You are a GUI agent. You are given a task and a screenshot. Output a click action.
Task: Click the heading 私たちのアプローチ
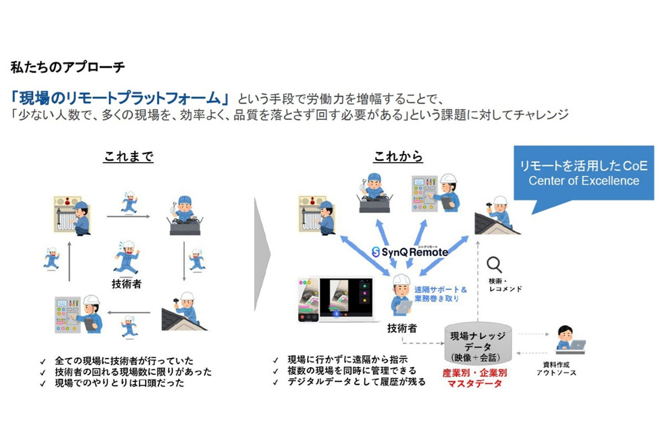coord(68,68)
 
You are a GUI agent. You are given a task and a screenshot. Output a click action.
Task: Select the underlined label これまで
coord(128,157)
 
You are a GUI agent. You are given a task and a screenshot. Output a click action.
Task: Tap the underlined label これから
coord(397,157)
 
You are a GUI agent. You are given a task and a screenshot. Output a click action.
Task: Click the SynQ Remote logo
coord(410,251)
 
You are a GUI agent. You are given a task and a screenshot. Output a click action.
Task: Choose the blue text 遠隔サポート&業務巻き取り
coord(441,294)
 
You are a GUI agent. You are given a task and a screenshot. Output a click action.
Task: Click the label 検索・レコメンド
coord(505,285)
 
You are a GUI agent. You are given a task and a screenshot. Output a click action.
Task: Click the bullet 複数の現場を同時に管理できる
coord(352,371)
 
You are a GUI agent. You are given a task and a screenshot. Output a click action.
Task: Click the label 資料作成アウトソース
coord(556,369)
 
